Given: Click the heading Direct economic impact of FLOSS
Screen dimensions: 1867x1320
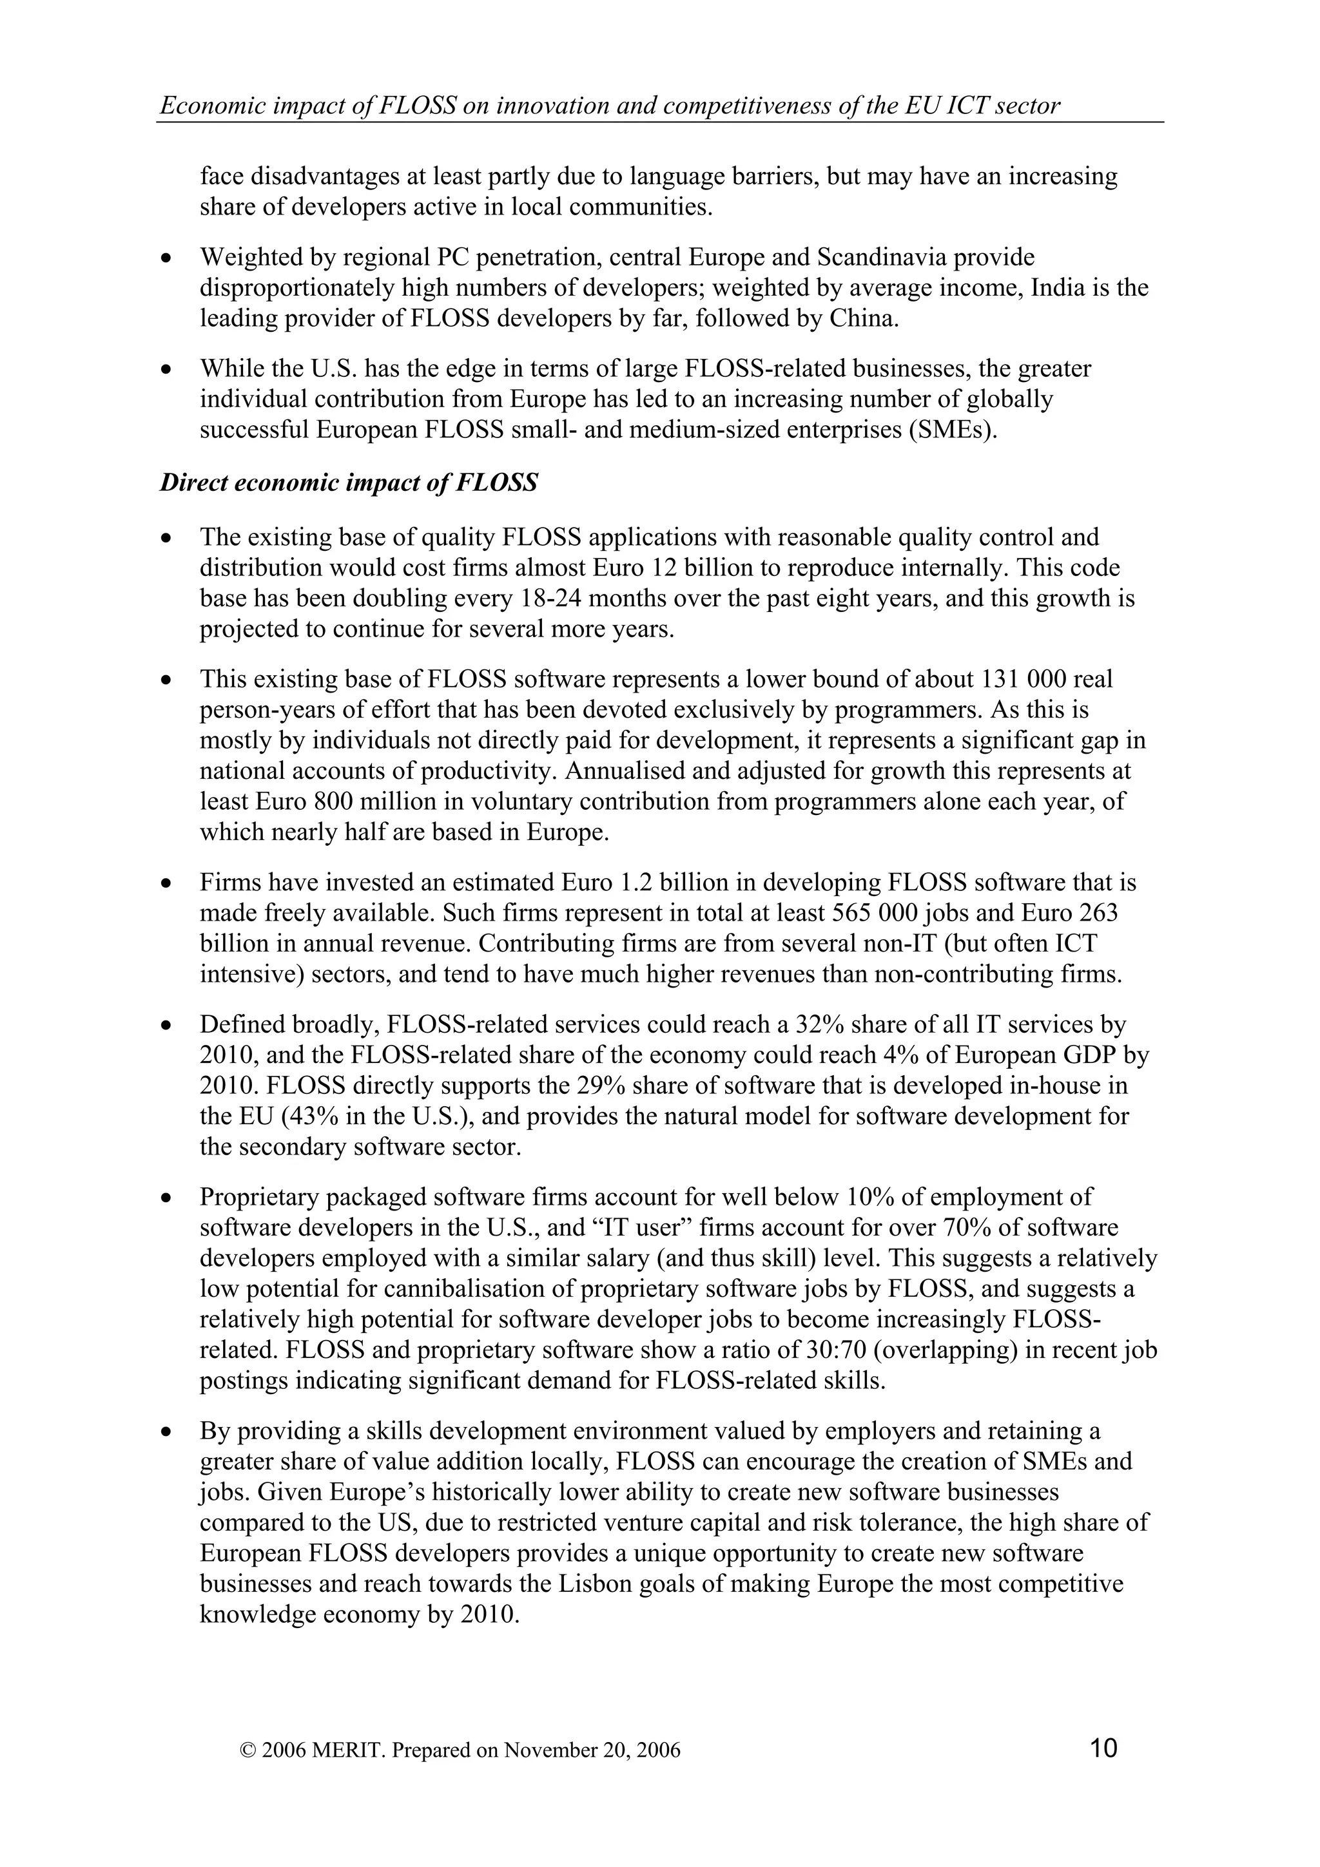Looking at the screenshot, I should click(348, 483).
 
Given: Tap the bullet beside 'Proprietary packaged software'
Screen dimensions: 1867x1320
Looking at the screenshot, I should click(167, 1198).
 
